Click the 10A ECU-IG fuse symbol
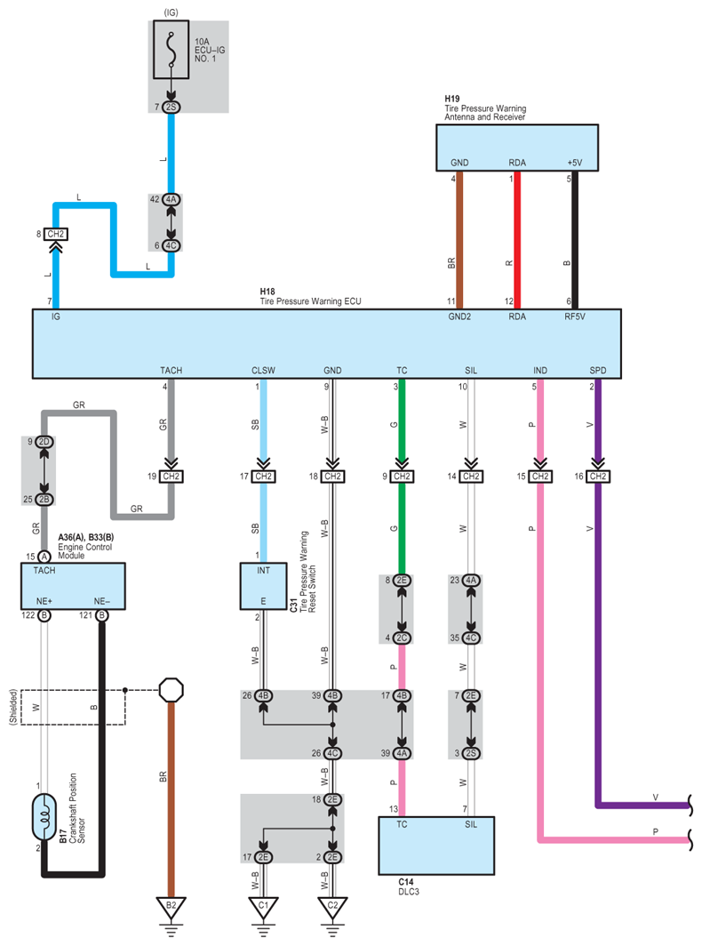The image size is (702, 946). pyautogui.click(x=172, y=50)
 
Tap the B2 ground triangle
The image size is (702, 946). pyautogui.click(x=172, y=907)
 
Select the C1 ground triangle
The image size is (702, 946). pyautogui.click(x=264, y=907)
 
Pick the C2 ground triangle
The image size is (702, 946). pyautogui.click(x=332, y=907)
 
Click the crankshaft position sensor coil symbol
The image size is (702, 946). pyautogui.click(x=44, y=817)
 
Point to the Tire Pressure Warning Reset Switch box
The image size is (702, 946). pyautogui.click(x=264, y=586)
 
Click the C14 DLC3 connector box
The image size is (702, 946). pyautogui.click(x=436, y=846)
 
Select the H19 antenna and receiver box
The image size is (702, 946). pyautogui.click(x=517, y=148)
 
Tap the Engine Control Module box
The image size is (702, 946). pyautogui.click(x=73, y=586)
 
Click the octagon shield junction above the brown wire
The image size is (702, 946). pyautogui.click(x=172, y=690)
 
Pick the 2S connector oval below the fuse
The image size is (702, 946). pyautogui.click(x=172, y=107)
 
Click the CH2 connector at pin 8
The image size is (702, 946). pyautogui.click(x=55, y=234)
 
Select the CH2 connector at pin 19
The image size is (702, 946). pyautogui.click(x=172, y=477)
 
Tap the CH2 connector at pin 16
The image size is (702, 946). pyautogui.click(x=598, y=477)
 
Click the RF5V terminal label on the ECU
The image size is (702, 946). pyautogui.click(x=575, y=317)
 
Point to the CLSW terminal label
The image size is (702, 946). pyautogui.click(x=264, y=371)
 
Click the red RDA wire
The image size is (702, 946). pyautogui.click(x=517, y=240)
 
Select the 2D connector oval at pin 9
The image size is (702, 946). pyautogui.click(x=44, y=442)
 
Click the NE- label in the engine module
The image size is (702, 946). pyautogui.click(x=102, y=601)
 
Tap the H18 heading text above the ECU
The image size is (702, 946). pyautogui.click(x=267, y=292)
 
